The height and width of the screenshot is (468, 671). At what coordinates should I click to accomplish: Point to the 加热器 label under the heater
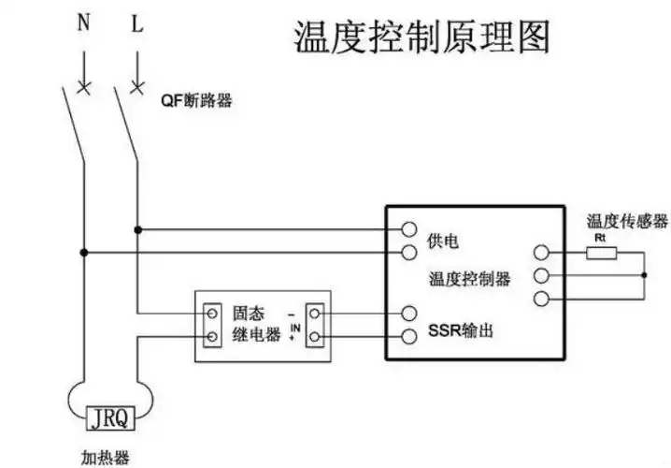click(x=106, y=458)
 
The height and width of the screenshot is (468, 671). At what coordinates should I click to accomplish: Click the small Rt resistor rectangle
click(x=601, y=252)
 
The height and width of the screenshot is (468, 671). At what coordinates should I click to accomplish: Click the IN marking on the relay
click(x=294, y=327)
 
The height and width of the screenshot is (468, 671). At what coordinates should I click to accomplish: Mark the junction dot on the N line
click(x=84, y=253)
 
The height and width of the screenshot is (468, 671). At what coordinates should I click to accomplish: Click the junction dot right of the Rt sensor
click(x=644, y=275)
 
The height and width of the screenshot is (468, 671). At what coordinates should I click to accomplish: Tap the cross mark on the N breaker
click(x=84, y=90)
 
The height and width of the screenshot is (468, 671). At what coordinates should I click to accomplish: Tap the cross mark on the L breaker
click(x=138, y=90)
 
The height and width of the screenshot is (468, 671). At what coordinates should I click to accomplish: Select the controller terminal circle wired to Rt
click(x=539, y=253)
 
